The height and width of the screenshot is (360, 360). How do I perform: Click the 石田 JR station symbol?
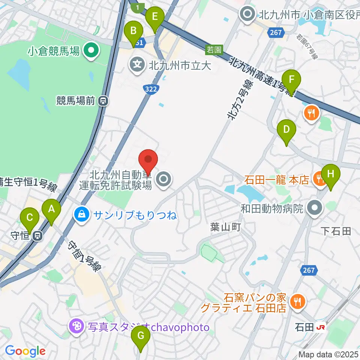[x=321, y=327]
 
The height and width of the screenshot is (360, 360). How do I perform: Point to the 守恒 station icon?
[x=37, y=236]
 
